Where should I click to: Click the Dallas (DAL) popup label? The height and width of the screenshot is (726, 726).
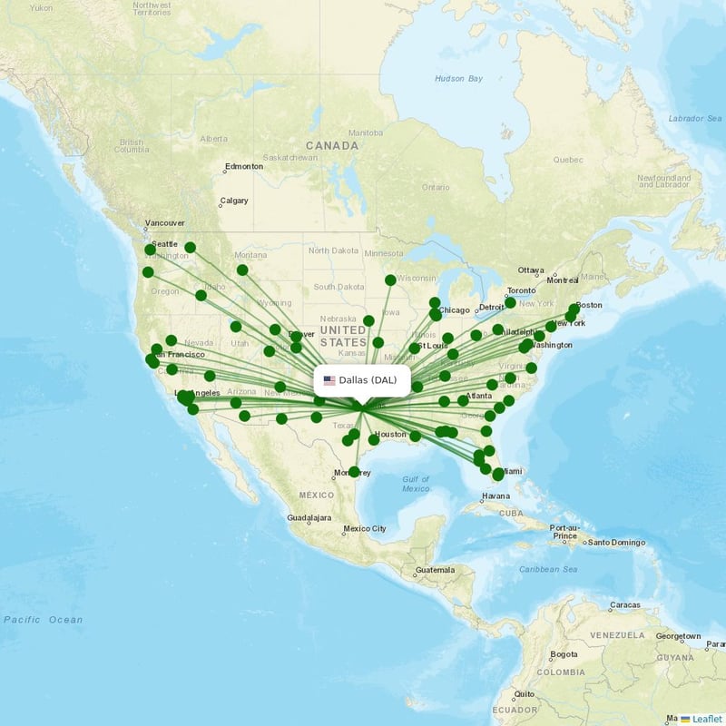pyautogui.click(x=368, y=380)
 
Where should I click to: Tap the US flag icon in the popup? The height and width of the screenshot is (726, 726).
pyautogui.click(x=329, y=380)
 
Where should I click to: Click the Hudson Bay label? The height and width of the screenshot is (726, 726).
pyautogui.click(x=458, y=79)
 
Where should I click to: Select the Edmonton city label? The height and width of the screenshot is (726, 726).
pyautogui.click(x=244, y=166)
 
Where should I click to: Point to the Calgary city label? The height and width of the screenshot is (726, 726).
pyautogui.click(x=233, y=201)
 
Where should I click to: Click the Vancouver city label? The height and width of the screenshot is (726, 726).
pyautogui.click(x=165, y=222)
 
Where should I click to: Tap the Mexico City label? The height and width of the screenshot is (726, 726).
pyautogui.click(x=365, y=528)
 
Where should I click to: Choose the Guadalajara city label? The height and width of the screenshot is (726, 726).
pyautogui.click(x=309, y=519)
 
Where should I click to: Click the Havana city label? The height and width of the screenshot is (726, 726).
pyautogui.click(x=496, y=496)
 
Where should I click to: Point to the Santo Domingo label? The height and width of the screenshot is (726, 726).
pyautogui.click(x=616, y=543)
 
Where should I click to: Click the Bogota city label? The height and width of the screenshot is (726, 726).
pyautogui.click(x=563, y=653)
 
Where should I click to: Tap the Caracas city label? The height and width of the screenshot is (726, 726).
pyautogui.click(x=624, y=604)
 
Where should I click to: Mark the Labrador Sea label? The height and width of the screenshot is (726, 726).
pyautogui.click(x=693, y=118)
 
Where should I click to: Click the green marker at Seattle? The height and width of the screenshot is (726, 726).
pyautogui.click(x=150, y=249)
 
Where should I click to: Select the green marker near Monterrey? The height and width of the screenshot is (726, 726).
pyautogui.click(x=354, y=472)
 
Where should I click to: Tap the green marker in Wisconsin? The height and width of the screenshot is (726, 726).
pyautogui.click(x=390, y=280)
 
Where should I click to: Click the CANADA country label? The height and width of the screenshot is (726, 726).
pyautogui.click(x=332, y=145)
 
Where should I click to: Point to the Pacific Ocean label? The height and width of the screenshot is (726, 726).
pyautogui.click(x=43, y=620)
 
